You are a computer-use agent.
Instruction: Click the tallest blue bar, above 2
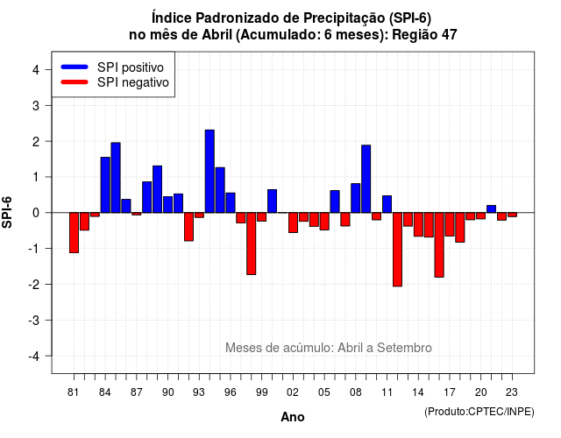coord(209,172)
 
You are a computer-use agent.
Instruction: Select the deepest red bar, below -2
coord(397,250)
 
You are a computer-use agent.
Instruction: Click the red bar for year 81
coord(74,233)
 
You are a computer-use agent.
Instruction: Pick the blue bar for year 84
coord(105,185)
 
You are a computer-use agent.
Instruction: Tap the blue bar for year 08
coord(356,198)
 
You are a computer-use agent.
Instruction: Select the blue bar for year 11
coord(387,204)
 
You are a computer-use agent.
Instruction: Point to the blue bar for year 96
coord(231,202)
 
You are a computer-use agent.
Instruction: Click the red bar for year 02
coord(293,223)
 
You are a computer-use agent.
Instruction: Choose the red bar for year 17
coord(450,224)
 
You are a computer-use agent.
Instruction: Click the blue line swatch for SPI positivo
coord(75,67)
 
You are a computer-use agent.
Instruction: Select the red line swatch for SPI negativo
coord(75,82)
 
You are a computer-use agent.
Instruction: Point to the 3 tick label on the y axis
coord(36,105)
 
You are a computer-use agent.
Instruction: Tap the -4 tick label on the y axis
coord(34,357)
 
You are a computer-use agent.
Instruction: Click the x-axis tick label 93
coord(199,392)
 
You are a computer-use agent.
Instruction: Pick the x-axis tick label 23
coord(512,392)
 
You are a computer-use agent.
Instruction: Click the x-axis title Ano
coord(293,417)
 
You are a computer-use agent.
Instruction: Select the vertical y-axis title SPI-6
coord(7,212)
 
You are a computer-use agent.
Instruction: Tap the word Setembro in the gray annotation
coord(404,348)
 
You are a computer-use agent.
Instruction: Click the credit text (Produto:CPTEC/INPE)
coord(479,412)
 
